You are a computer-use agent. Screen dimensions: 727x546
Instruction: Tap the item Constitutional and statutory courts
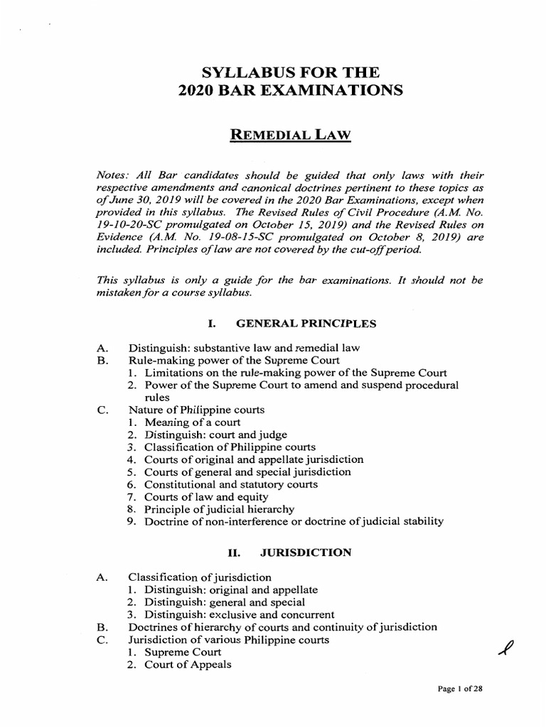(x=231, y=483)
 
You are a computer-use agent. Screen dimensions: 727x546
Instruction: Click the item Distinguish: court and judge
(x=216, y=434)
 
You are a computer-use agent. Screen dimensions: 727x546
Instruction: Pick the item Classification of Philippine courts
(x=230, y=447)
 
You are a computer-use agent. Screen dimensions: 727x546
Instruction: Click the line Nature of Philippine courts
(x=196, y=410)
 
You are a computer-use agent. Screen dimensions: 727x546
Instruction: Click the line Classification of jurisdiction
(x=199, y=576)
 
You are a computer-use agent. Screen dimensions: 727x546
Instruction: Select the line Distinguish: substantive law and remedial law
(x=244, y=348)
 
